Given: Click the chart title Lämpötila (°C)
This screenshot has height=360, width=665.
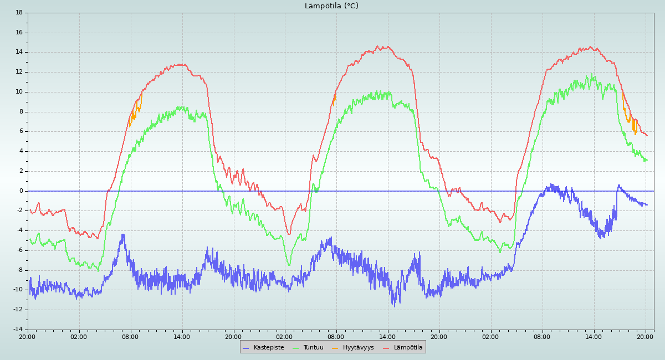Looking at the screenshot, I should coord(331,6).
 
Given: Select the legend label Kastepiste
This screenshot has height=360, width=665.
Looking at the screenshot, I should coord(269,348).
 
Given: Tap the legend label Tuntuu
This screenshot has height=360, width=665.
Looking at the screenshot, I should coord(313,348).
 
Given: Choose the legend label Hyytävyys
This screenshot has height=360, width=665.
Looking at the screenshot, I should coord(358,348).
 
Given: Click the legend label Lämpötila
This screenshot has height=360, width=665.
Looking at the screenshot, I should coord(408,348).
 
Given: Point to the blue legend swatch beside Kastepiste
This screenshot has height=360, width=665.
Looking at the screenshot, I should coord(246,348).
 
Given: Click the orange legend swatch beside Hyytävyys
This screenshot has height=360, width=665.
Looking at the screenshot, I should coord(335,348).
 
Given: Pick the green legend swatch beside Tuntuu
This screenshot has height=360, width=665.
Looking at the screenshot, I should coord(295,348).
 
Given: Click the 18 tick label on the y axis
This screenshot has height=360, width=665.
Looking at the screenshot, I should coord(19,13).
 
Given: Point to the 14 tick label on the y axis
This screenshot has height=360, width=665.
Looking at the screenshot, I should coord(19,52).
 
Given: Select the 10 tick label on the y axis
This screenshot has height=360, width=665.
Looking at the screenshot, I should coord(19,92).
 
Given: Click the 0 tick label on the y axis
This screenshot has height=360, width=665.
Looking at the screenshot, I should coord(21,191).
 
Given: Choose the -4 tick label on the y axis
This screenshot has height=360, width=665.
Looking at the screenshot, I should coord(19,230).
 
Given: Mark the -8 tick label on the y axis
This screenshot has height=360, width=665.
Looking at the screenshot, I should coord(19,270).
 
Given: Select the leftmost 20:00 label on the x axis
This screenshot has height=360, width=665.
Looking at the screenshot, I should coord(27,336).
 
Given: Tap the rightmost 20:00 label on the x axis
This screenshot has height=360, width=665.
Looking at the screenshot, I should coord(645,336).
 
